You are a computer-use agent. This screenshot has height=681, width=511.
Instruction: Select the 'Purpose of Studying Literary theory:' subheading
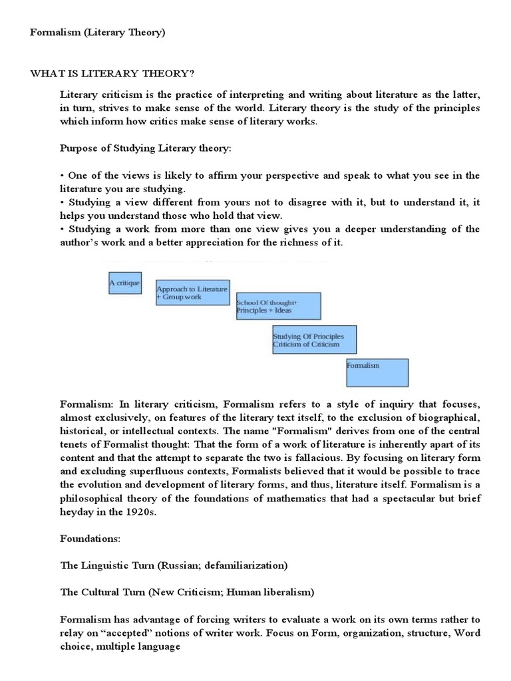point(146,148)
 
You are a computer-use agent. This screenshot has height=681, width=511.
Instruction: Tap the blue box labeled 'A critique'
point(125,283)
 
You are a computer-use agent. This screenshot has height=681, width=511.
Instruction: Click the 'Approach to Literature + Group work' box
point(192,293)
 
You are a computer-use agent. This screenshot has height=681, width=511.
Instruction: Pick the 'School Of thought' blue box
point(278,306)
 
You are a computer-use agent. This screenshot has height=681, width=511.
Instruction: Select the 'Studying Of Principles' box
point(314,340)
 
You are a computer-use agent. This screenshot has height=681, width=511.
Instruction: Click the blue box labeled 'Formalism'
point(377,372)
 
